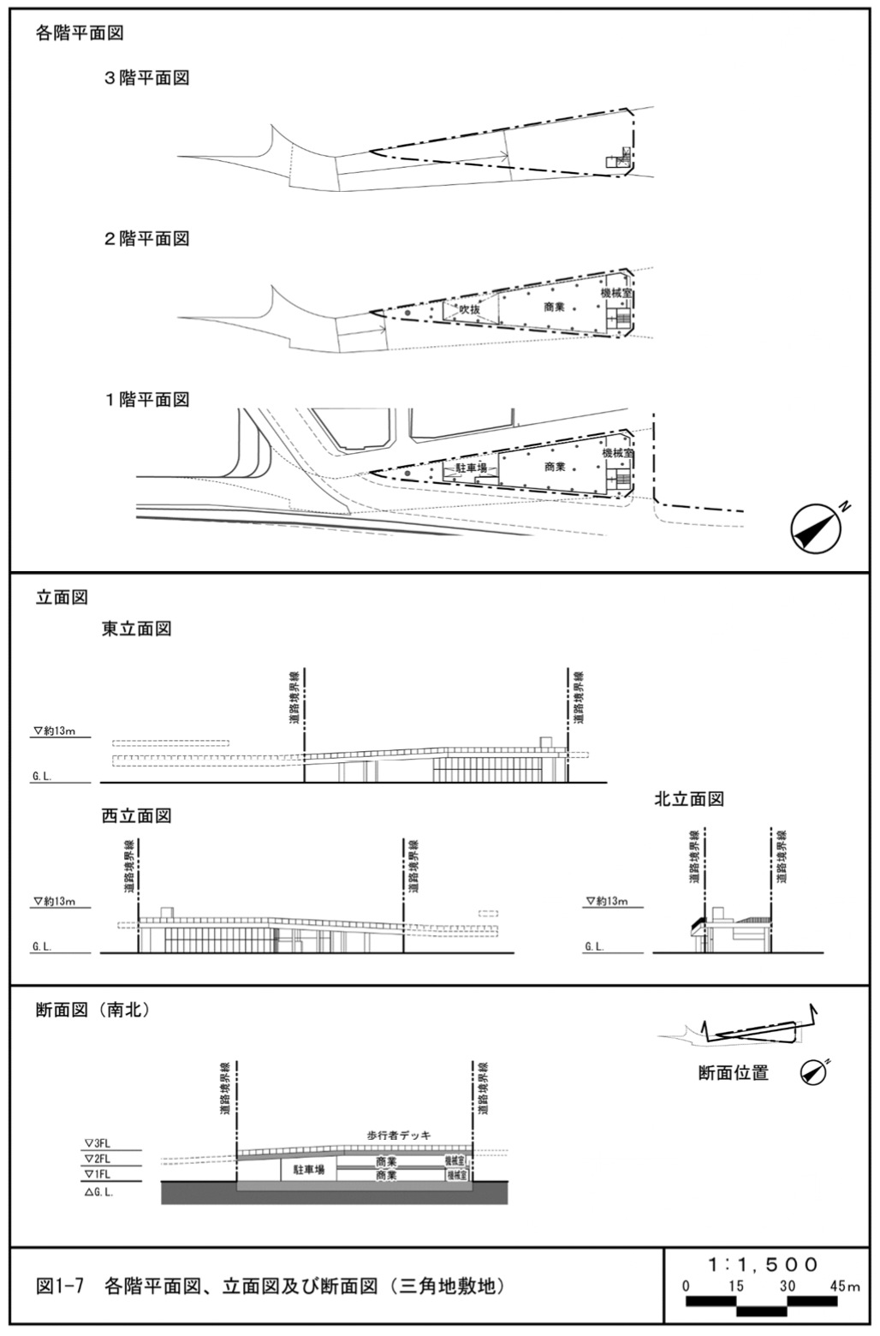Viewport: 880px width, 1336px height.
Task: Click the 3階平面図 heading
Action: click(146, 78)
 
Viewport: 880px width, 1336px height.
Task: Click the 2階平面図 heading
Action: click(146, 239)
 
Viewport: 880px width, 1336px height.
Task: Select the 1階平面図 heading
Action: click(146, 400)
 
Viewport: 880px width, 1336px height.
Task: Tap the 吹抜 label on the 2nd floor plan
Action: click(470, 309)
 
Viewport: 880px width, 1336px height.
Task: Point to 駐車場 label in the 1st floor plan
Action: click(470, 468)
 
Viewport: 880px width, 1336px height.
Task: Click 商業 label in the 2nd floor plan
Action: click(555, 306)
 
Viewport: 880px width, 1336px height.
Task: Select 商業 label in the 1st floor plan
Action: click(555, 467)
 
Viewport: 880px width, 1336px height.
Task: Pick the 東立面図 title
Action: click(137, 629)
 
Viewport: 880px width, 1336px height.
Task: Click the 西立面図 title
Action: click(137, 816)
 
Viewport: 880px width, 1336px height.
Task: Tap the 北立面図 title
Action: click(689, 799)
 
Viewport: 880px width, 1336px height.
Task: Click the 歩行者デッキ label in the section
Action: click(399, 1136)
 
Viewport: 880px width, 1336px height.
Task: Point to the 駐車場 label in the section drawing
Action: click(308, 1170)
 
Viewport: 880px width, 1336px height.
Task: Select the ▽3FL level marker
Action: click(98, 1142)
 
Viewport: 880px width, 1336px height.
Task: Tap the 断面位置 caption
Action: click(733, 1072)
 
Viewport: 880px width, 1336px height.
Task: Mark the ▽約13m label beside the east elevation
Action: click(55, 731)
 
